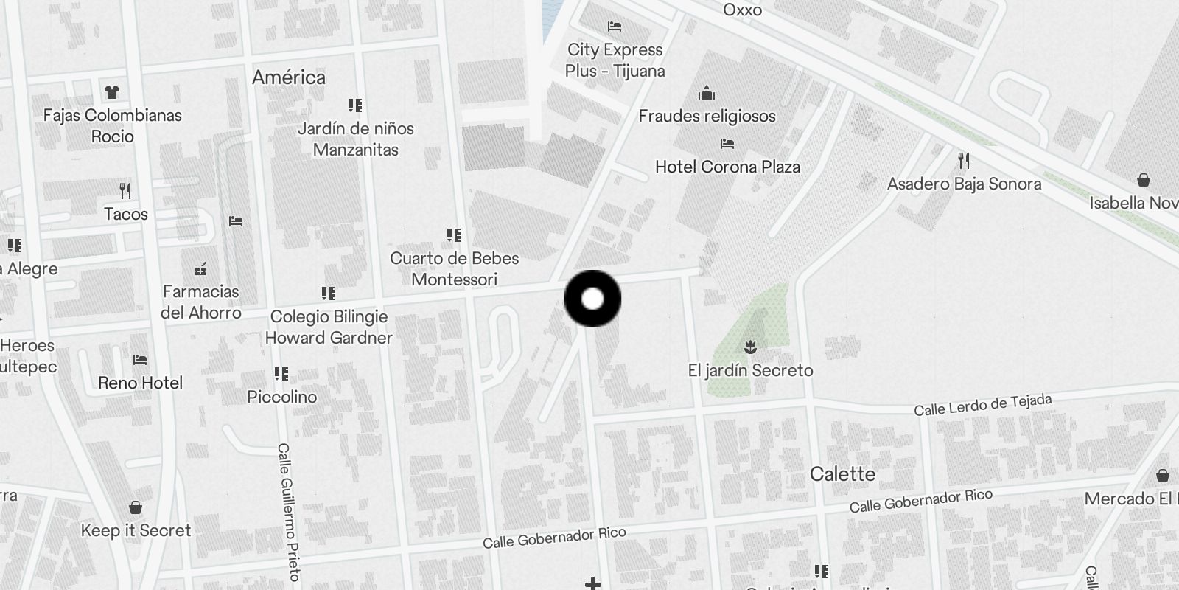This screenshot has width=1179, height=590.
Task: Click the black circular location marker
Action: [x=592, y=299]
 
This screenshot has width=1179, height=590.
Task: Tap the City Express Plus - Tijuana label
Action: [x=615, y=60]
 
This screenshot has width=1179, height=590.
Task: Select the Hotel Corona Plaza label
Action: [x=727, y=167]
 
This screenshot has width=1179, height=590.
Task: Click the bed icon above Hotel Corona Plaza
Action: [x=727, y=144]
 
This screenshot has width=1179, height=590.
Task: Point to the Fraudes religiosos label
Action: [x=707, y=116]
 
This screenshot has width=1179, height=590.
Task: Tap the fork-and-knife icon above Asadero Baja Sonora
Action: [x=963, y=160]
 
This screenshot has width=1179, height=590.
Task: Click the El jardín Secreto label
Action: [x=750, y=370]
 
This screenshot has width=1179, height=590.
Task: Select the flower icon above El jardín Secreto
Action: [x=750, y=347]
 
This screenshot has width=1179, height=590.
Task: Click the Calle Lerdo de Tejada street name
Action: [x=982, y=405]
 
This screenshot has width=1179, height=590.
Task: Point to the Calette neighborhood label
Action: [x=842, y=473]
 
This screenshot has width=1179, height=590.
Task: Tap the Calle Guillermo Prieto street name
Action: [x=288, y=511]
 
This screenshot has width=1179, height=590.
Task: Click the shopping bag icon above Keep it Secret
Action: [x=136, y=507]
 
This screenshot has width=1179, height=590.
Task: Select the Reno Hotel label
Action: [x=140, y=383]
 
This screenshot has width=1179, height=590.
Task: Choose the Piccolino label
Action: [x=281, y=397]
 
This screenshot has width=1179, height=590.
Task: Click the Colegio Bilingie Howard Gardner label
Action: [x=329, y=327]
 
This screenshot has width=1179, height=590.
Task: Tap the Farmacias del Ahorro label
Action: [x=200, y=302]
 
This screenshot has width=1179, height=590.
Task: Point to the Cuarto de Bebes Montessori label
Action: [x=454, y=268]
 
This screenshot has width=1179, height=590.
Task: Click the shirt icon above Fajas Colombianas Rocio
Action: [x=112, y=92]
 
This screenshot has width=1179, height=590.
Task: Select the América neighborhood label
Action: [x=288, y=77]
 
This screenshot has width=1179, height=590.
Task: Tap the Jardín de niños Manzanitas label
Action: [x=356, y=139]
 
